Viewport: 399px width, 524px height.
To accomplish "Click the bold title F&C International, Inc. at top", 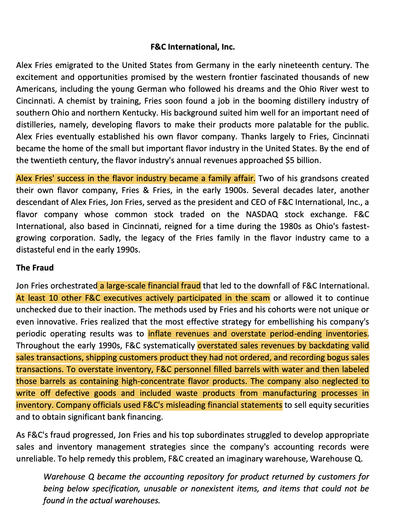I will (193, 47).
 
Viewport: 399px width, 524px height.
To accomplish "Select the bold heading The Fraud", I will (35, 268).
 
